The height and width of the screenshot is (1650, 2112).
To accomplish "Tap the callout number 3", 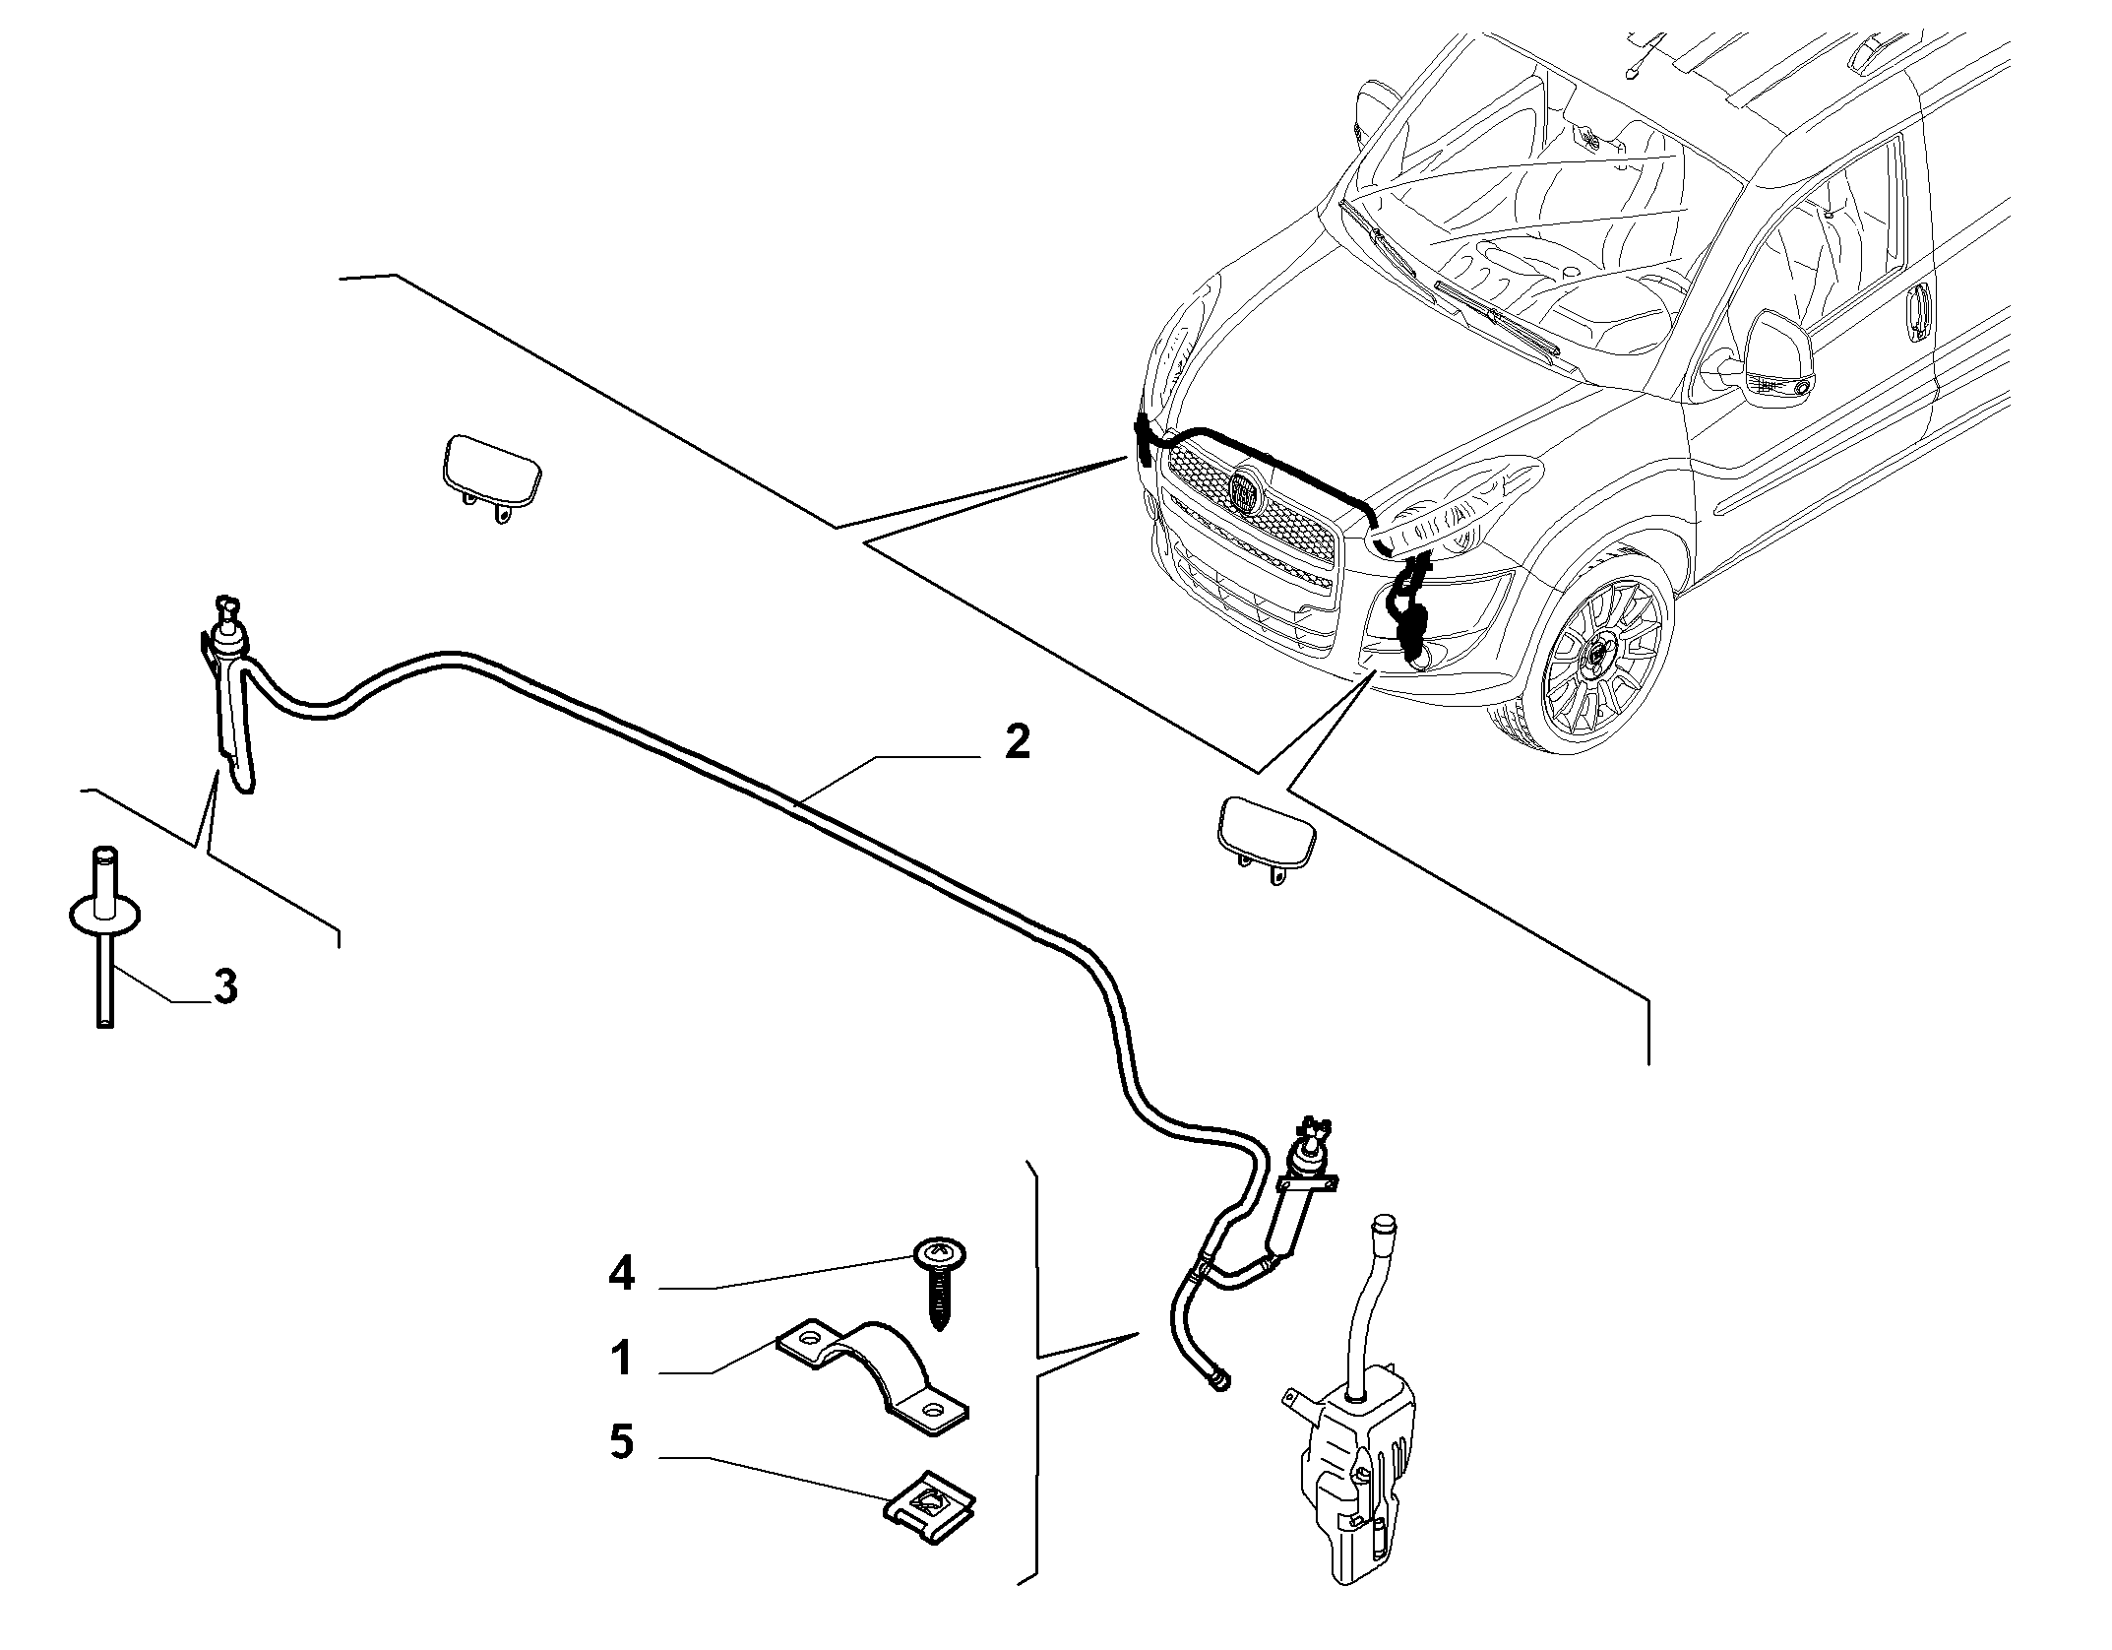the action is click(x=225, y=986).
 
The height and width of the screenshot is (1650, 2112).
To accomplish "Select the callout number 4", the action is click(x=622, y=1275).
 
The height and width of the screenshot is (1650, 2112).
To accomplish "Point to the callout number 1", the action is click(x=621, y=1359).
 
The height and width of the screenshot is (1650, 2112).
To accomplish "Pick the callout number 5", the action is click(x=622, y=1442).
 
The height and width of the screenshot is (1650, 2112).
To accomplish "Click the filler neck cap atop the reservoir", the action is click(x=1384, y=1225).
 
